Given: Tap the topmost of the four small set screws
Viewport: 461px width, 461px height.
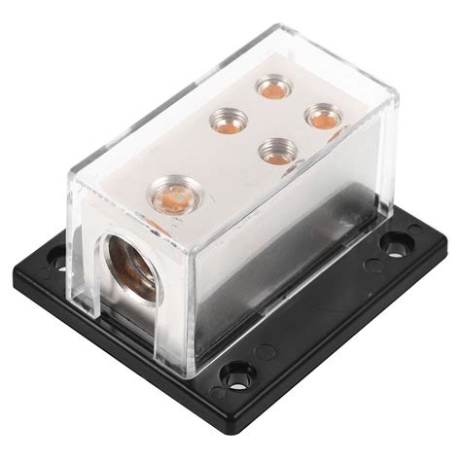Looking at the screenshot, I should click(270, 88).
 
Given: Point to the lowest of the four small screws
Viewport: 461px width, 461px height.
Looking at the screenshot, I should click(276, 150).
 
